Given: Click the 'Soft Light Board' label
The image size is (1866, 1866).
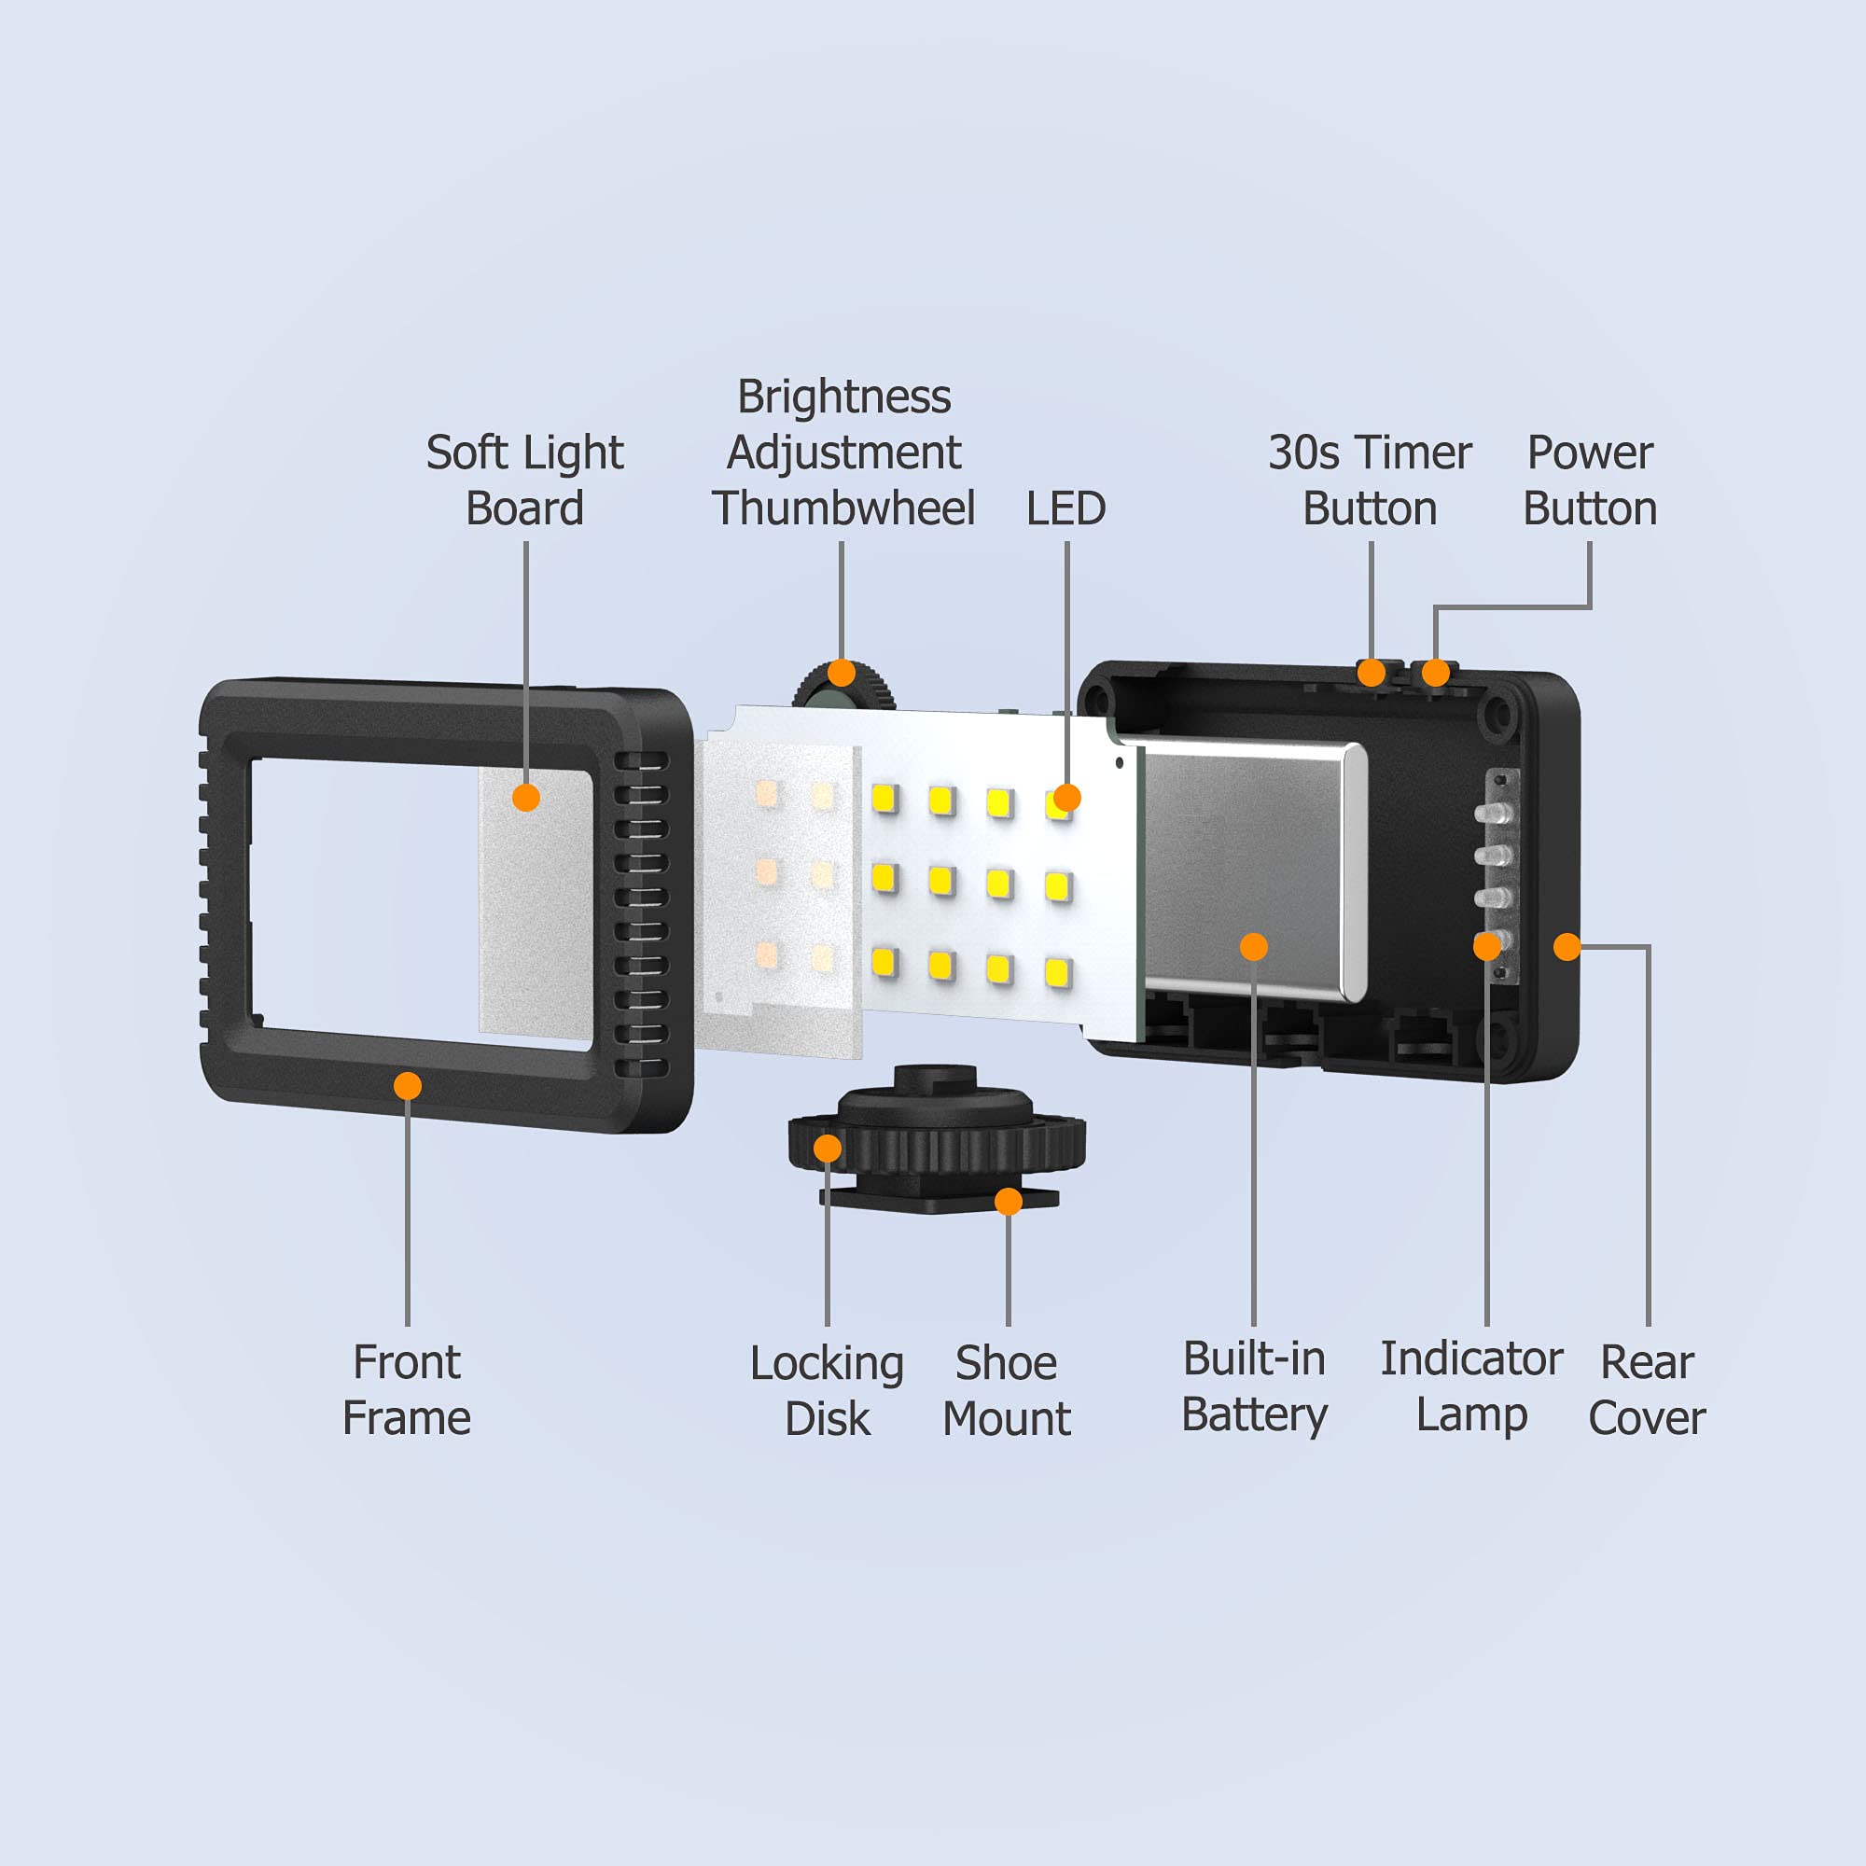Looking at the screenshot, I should [x=524, y=480].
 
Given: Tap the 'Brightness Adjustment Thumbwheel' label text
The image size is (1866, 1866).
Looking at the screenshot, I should [x=843, y=452].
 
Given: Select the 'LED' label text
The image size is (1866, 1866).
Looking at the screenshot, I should [x=1065, y=508].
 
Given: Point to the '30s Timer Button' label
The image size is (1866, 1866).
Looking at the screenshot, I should [x=1370, y=480].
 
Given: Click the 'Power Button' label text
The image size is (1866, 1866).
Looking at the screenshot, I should [x=1590, y=480].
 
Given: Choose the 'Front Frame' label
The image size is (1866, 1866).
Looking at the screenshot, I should [x=407, y=1390].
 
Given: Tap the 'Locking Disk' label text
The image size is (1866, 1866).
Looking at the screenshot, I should [x=827, y=1391].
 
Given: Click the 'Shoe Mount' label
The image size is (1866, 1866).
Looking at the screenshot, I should [x=1007, y=1391].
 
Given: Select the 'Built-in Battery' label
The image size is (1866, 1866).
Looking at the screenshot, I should [x=1254, y=1387].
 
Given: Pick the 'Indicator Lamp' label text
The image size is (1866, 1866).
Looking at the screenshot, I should [x=1471, y=1387].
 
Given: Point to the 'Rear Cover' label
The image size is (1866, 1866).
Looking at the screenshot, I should [x=1647, y=1390].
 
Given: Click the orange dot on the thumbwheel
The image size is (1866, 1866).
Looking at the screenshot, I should [x=842, y=672].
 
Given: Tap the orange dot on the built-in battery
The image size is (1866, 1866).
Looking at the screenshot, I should [x=1254, y=946].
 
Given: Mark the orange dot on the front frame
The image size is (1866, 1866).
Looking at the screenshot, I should [x=408, y=1086].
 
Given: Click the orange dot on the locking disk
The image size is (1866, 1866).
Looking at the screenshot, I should [x=828, y=1149].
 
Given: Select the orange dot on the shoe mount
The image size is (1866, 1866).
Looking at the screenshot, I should [x=1009, y=1202].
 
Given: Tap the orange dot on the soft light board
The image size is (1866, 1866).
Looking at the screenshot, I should [x=526, y=797].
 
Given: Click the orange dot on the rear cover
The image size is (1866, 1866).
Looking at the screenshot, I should [x=1567, y=946].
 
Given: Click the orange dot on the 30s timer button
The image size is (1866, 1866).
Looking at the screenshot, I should [x=1372, y=672].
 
